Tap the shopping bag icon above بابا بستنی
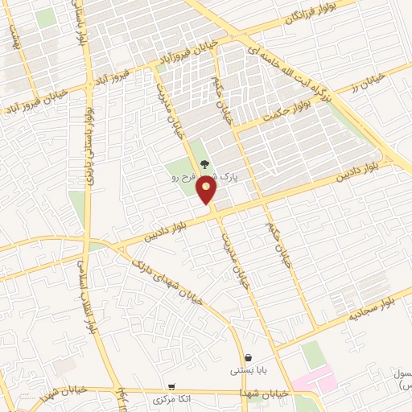[x=248, y=358]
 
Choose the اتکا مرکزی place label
[x=171, y=399]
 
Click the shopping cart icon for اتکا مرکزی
[x=171, y=386]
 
